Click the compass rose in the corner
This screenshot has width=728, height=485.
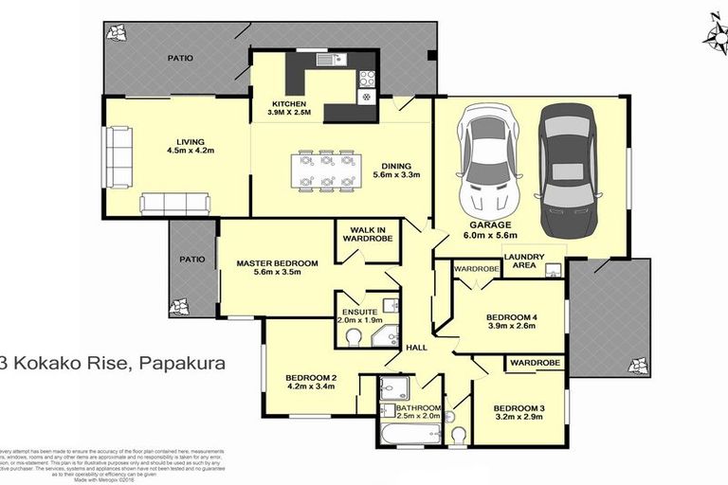click(713, 29)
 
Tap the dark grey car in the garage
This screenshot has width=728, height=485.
click(567, 170)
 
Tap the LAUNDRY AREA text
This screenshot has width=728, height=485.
click(524, 260)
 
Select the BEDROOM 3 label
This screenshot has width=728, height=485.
click(519, 408)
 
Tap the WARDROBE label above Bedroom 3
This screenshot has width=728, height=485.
click(536, 363)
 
